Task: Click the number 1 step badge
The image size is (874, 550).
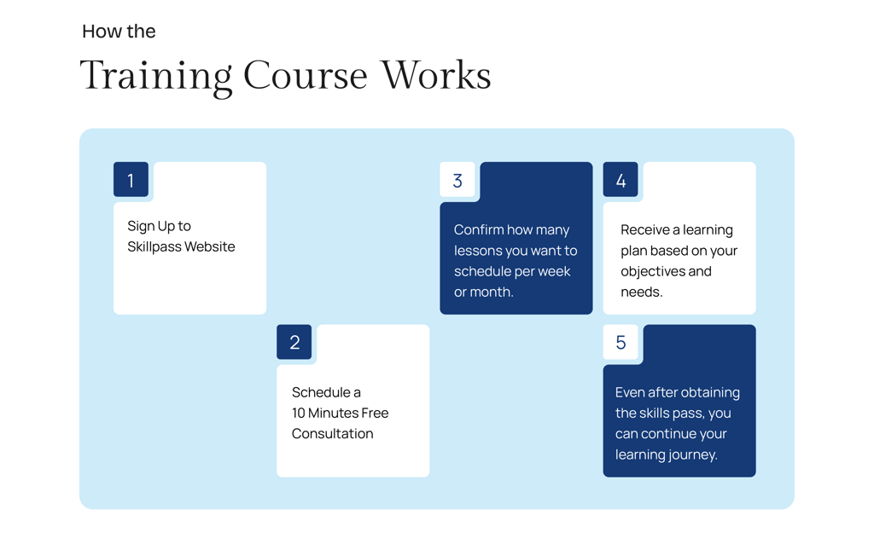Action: pyautogui.click(x=131, y=180)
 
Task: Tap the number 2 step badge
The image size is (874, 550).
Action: pyautogui.click(x=294, y=343)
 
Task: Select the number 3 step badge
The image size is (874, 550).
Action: pyautogui.click(x=457, y=180)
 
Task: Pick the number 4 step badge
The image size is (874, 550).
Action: pyautogui.click(x=621, y=180)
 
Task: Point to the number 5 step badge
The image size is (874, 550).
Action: pyautogui.click(x=621, y=343)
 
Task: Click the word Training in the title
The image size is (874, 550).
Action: pyautogui.click(x=155, y=75)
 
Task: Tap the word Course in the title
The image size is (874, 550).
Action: pyautogui.click(x=305, y=75)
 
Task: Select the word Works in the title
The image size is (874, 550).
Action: pyautogui.click(x=435, y=75)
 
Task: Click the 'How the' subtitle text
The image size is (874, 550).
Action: pyautogui.click(x=119, y=32)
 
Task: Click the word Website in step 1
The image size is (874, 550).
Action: pyautogui.click(x=212, y=247)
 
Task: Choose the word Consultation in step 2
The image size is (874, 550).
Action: pyautogui.click(x=332, y=433)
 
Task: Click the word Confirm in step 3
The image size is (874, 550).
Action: pyautogui.click(x=479, y=230)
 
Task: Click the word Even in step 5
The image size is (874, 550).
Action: pyautogui.click(x=630, y=392)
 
